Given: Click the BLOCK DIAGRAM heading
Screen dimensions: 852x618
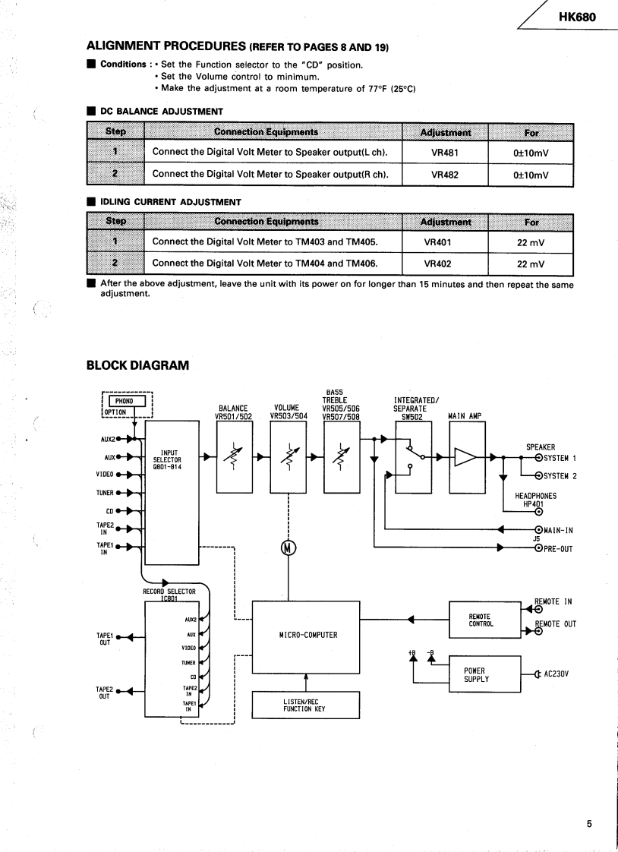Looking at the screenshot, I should click(x=137, y=365).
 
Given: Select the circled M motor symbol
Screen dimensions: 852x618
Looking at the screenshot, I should click(x=289, y=548).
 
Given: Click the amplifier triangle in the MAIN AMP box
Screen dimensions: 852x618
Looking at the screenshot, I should click(x=465, y=457).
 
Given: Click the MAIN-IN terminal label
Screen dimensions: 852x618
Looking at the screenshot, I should click(x=559, y=530).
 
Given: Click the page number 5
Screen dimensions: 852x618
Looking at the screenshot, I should click(x=588, y=821).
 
